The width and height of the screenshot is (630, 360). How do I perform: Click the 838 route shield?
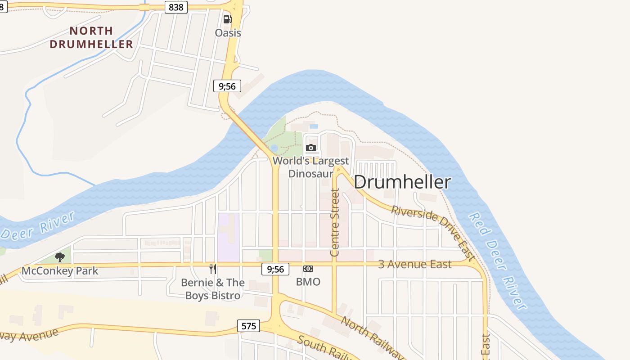175,7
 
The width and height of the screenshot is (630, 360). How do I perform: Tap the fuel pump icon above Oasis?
227,19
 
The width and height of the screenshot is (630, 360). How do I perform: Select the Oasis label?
228,33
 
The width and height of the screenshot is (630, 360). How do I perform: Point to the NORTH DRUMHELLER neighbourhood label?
91,37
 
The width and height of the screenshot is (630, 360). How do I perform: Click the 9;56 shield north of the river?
227,86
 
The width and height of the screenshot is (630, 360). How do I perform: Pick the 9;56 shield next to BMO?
275,269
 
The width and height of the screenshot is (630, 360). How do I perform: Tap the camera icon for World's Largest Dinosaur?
310,148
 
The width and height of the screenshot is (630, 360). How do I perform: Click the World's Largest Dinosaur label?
310,167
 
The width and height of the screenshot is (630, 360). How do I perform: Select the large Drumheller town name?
402,182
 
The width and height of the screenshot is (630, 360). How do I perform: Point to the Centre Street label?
334,223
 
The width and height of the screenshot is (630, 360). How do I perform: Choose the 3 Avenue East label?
414,264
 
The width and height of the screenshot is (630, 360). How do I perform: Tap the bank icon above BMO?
308,269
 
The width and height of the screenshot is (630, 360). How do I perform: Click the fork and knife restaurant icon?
213,269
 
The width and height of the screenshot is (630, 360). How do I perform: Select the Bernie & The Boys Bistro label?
213,289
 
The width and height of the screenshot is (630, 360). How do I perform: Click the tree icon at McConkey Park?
60,257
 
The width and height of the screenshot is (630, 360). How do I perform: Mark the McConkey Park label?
60,271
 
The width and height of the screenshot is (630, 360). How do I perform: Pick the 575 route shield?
248,326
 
